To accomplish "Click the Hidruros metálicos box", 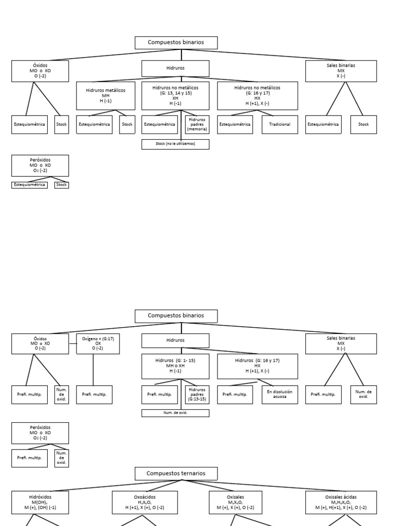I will click(x=106, y=96).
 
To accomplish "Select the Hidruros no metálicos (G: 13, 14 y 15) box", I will click(x=175, y=96).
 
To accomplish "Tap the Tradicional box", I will click(x=280, y=124).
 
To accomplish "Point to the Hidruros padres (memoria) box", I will click(x=197, y=124).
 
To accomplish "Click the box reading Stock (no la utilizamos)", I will click(x=175, y=144).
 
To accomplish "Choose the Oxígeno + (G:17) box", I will click(x=98, y=344).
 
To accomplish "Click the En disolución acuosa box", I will click(x=280, y=394).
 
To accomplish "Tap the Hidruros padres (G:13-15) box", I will click(x=197, y=394).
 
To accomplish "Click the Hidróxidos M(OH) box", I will click(x=40, y=502).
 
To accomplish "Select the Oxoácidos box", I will click(x=145, y=502).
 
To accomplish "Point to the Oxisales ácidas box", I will click(x=341, y=502).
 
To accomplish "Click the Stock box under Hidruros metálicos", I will click(x=127, y=124).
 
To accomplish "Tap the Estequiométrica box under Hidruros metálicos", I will click(x=94, y=124).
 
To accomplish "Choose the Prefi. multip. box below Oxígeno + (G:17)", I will click(x=94, y=394).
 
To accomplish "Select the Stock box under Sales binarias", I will click(x=363, y=124).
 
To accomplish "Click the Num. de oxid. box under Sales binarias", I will click(x=363, y=394).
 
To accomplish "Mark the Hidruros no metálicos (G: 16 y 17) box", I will click(x=258, y=96).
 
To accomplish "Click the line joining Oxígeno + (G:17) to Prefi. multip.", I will click(x=93, y=370).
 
